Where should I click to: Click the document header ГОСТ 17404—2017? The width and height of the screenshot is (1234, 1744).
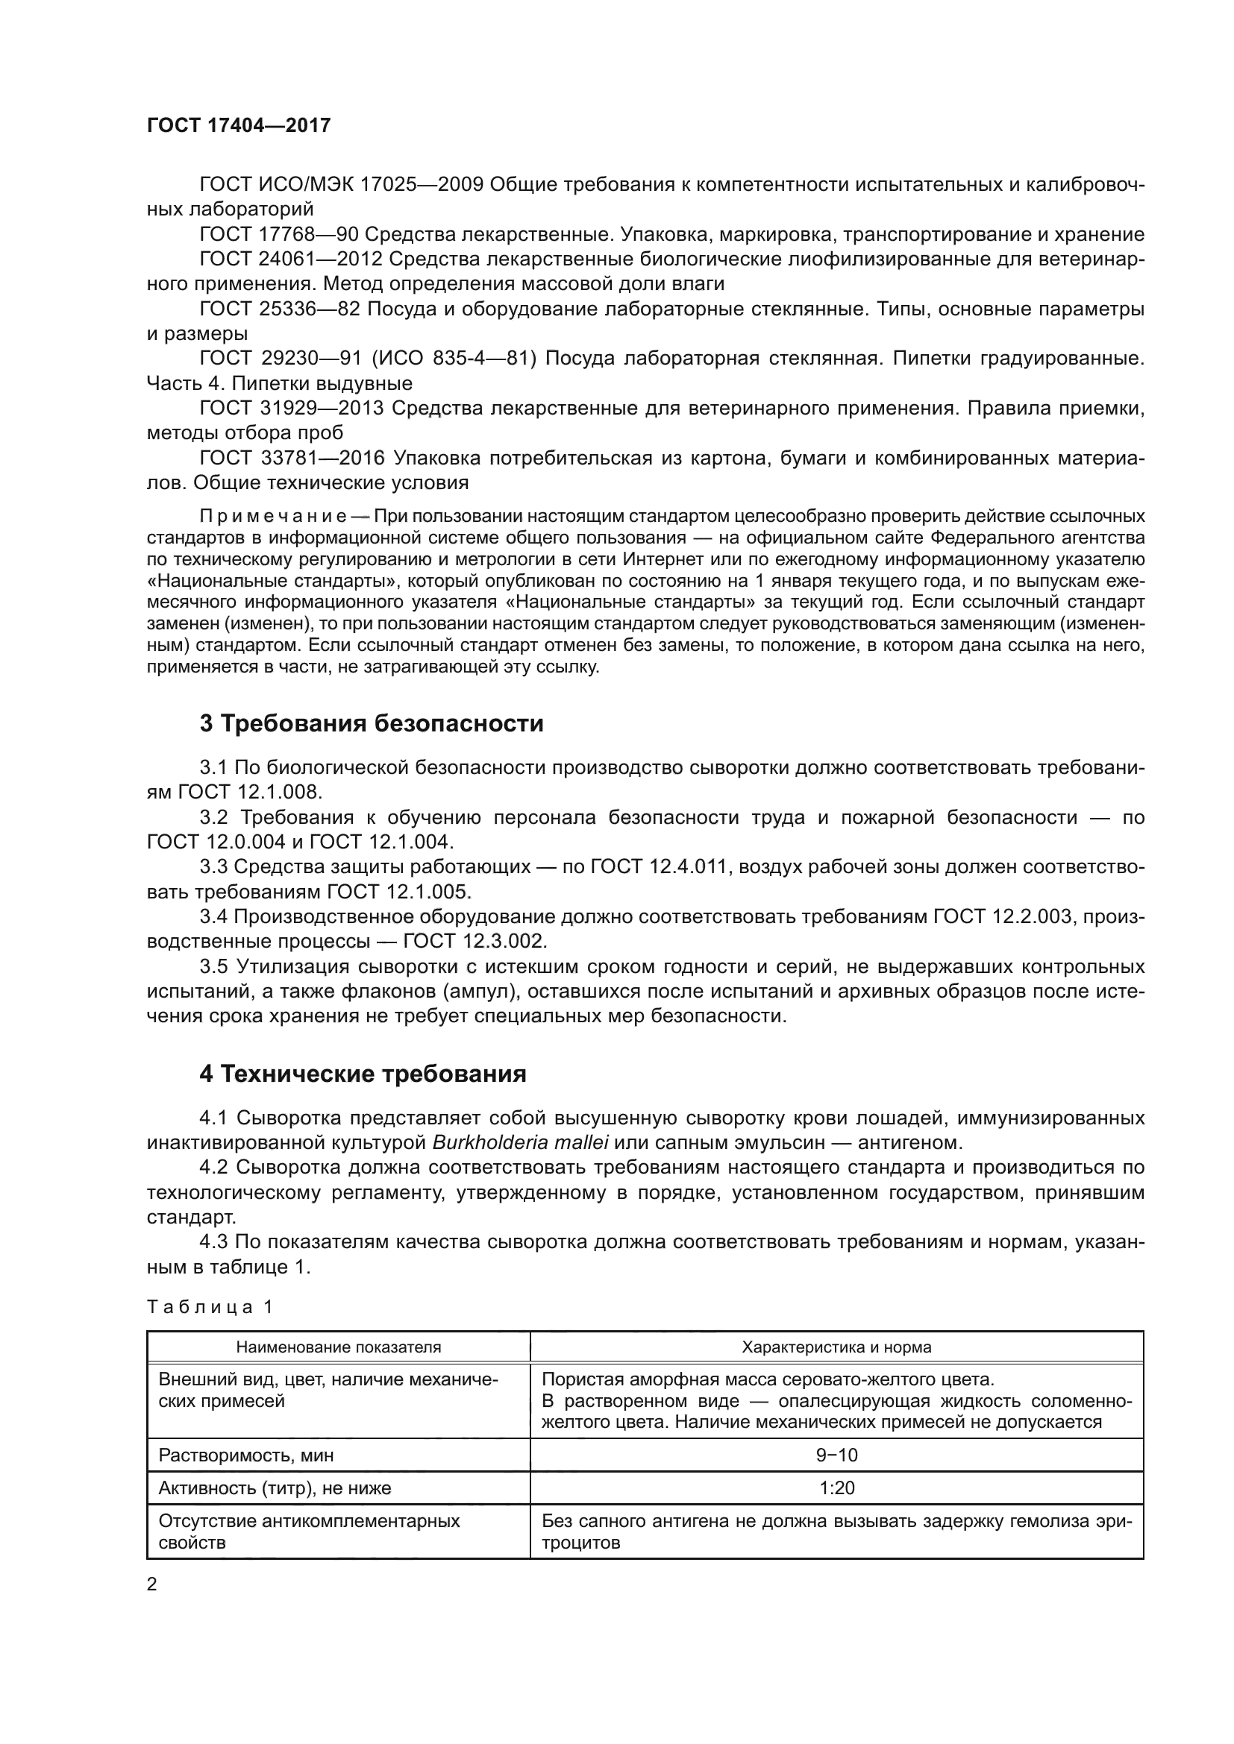[x=239, y=125]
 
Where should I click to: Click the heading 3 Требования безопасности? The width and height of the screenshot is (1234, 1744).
[x=372, y=723]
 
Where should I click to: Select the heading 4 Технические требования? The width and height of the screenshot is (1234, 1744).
[x=363, y=1073]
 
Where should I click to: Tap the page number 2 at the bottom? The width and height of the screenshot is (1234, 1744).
[x=152, y=1584]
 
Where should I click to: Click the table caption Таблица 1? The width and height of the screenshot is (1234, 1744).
[x=210, y=1306]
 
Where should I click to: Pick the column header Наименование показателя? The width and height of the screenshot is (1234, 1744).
[x=338, y=1347]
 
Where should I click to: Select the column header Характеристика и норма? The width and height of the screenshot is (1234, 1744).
[x=836, y=1347]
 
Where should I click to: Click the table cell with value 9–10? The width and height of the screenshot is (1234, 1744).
[x=836, y=1455]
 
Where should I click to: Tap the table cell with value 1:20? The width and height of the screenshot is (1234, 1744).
[x=836, y=1488]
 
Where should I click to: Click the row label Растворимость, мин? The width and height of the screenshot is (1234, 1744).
[x=245, y=1455]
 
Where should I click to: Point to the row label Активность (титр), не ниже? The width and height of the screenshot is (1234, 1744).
[x=275, y=1488]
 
